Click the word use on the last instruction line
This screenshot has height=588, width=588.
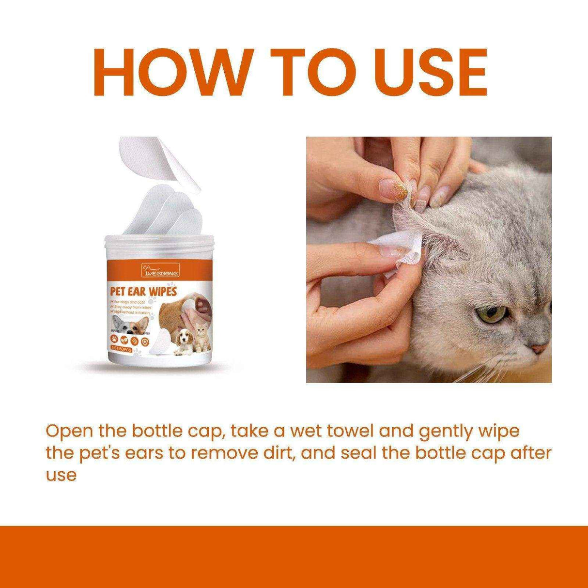tap(61, 476)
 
